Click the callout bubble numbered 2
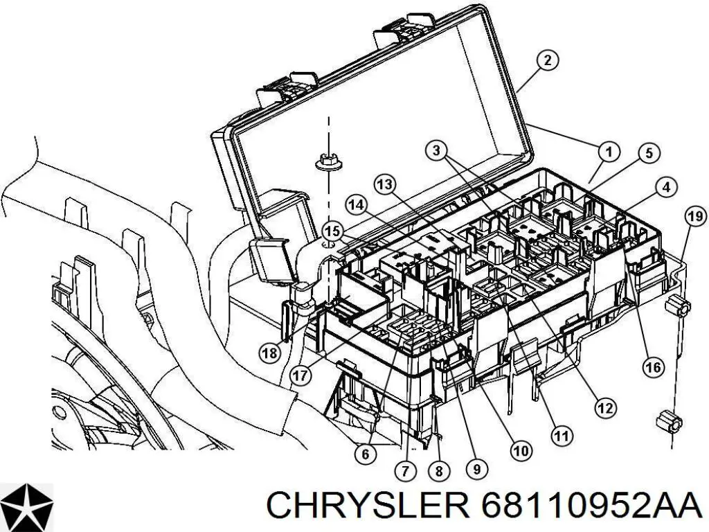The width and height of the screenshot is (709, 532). pos(547,61)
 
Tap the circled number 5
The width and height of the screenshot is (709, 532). pos(648,153)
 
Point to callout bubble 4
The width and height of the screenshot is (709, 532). pos(665,186)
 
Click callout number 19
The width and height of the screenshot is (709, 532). pos(694,218)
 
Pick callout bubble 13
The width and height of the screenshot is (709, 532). pos(386,185)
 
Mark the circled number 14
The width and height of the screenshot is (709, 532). pos(356,205)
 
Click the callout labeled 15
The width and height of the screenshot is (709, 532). pos(333,231)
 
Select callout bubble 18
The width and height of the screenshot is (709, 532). pos(270,353)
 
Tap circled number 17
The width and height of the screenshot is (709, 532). pos(300,375)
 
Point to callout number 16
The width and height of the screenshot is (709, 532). pos(653,367)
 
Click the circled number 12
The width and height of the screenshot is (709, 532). pos(605,409)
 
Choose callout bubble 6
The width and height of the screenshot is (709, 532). pos(366,454)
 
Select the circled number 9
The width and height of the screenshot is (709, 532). pos(476,469)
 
